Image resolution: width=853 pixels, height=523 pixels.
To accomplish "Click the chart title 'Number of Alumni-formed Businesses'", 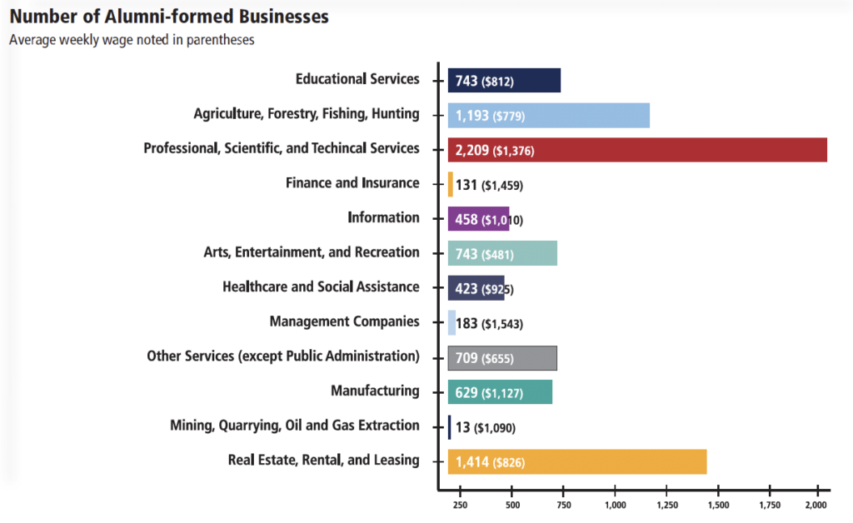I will tap(168, 17).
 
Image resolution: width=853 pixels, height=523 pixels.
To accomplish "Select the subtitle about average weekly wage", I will tap(132, 39).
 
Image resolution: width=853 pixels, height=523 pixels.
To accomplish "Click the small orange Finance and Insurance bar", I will tap(451, 184).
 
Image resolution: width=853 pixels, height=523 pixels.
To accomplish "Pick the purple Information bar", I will tap(478, 219).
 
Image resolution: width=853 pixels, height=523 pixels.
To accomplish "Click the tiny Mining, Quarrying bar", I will tap(450, 427).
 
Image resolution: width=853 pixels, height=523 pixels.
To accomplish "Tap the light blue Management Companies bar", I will tap(451, 323).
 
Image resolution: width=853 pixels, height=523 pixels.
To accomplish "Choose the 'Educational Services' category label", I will tap(357, 79).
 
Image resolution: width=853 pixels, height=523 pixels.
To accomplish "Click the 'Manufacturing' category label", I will tap(375, 391).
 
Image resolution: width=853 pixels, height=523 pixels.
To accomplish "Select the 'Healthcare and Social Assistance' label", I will tap(321, 286).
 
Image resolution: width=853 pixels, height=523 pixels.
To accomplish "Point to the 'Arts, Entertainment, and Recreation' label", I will tap(312, 252).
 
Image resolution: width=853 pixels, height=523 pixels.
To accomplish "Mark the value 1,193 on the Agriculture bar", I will tap(471, 116).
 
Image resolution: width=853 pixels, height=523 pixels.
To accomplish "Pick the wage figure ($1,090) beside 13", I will tap(495, 428).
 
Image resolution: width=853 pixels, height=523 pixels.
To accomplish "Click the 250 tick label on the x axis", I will tap(460, 504).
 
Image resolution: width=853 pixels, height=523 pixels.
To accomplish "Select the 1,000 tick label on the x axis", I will tap(615, 504).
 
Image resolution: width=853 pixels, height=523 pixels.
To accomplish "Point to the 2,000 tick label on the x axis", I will tap(817, 504).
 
